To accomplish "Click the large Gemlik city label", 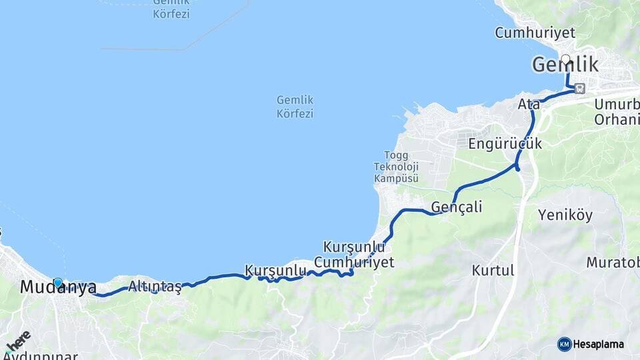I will (565, 65).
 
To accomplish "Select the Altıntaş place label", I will (155, 287).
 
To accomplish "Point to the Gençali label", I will (457, 207).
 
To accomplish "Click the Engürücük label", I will (505, 143).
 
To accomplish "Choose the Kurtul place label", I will (493, 271).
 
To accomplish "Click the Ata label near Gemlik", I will (528, 105).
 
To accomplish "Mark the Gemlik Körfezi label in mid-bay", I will (295, 107).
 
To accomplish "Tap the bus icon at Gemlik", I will (580, 88).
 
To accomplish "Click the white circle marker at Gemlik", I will (566, 59).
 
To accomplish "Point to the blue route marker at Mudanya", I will (58, 283).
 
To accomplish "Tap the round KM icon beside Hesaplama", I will (564, 344).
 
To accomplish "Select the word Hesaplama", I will (599, 345).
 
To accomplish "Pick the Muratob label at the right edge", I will (613, 262).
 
